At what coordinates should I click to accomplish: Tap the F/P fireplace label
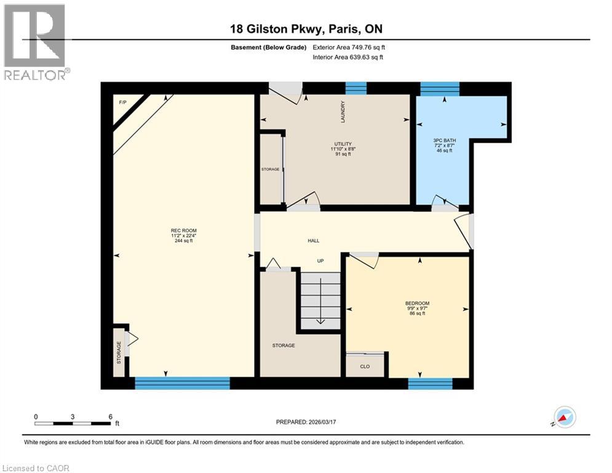tap(123, 102)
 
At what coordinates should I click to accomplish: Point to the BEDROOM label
tap(416, 303)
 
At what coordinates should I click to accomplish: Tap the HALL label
tap(314, 241)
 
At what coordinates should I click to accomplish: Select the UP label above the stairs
tap(320, 261)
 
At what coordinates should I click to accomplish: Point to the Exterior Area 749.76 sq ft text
tap(349, 47)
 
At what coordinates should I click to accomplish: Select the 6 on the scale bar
tap(110, 417)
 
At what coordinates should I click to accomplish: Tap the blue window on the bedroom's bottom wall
tap(430, 384)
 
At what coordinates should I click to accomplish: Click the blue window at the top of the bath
tap(439, 89)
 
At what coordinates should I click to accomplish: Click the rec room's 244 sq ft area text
tap(183, 241)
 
